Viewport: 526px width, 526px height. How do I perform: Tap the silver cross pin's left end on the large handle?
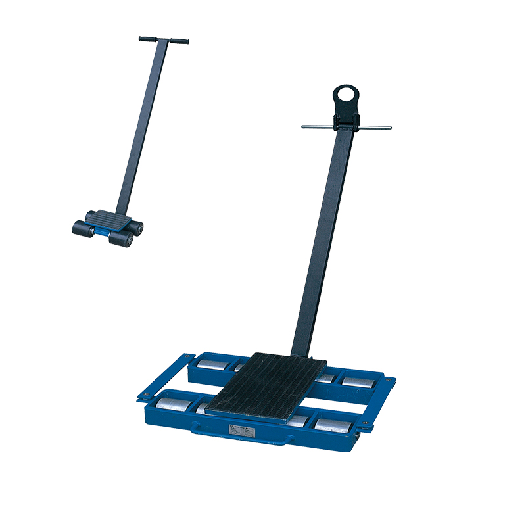pos(305,126)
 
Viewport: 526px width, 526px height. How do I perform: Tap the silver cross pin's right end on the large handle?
pos(388,128)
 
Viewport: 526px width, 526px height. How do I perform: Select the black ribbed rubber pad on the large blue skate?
pos(266,384)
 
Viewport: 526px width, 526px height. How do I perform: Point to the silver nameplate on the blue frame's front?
pos(245,429)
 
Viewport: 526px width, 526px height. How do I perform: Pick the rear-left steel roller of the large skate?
pos(210,364)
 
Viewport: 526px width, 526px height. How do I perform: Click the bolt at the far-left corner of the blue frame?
pos(140,396)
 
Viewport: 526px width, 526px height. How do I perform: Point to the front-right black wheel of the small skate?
pos(122,239)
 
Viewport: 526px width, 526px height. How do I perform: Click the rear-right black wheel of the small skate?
pos(137,227)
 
